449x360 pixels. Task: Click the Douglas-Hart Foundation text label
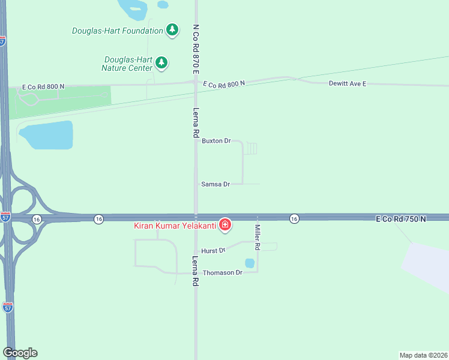[x=117, y=31]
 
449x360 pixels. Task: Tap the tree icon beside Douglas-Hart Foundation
[x=172, y=29]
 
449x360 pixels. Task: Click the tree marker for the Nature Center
[x=161, y=62]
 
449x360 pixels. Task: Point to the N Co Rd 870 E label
[x=196, y=49]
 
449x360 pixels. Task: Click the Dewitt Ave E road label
[x=347, y=83]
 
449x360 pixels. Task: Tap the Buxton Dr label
[x=216, y=141]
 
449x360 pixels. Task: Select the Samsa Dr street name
[x=215, y=184]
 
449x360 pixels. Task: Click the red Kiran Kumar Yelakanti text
[x=175, y=226]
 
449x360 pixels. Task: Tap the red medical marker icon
[x=224, y=225]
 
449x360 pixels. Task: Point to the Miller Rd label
[x=257, y=237]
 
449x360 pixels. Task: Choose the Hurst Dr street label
[x=213, y=250]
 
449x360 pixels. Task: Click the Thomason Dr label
[x=222, y=272]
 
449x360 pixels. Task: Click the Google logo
[x=20, y=353]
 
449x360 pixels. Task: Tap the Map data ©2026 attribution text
[x=423, y=355]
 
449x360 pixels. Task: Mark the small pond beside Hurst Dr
[x=250, y=263]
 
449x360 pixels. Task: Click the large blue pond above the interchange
[x=48, y=135]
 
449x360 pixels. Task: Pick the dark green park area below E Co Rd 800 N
[x=60, y=102]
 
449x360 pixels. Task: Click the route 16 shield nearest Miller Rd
[x=294, y=219]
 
